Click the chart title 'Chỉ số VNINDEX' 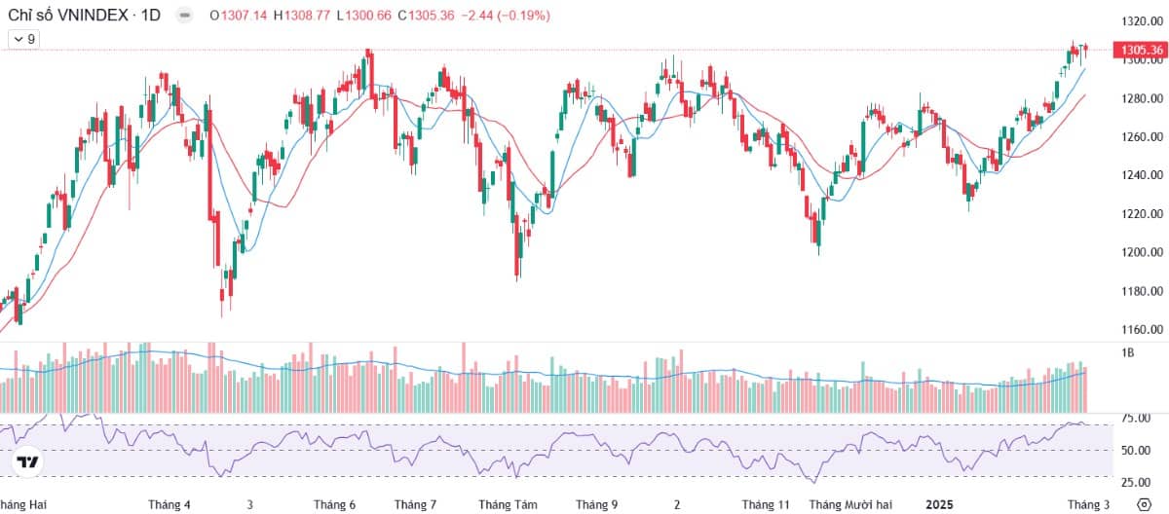68,16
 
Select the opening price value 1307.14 244,16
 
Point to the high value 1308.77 307,16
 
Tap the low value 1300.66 368,16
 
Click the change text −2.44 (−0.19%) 506,16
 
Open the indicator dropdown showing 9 24,39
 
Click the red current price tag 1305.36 1142,50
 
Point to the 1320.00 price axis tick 1142,21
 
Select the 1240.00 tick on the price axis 1142,175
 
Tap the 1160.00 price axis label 1142,329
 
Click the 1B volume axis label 1127,353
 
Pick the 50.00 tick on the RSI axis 1136,451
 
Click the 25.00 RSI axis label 1136,482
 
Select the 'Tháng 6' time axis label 334,504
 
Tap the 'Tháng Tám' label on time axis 508,504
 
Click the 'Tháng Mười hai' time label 850,504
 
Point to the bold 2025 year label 939,504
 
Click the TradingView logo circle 27,461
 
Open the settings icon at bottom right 1144,504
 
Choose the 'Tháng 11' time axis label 766,504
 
